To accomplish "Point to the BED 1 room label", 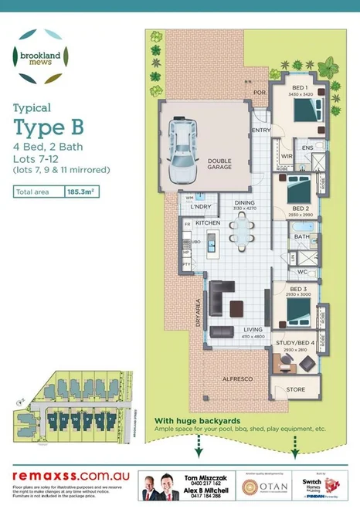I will [299, 88].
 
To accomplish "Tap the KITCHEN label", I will [208, 222].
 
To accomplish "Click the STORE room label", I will [296, 390].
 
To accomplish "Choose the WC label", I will [302, 273].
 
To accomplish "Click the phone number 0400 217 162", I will [205, 482].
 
